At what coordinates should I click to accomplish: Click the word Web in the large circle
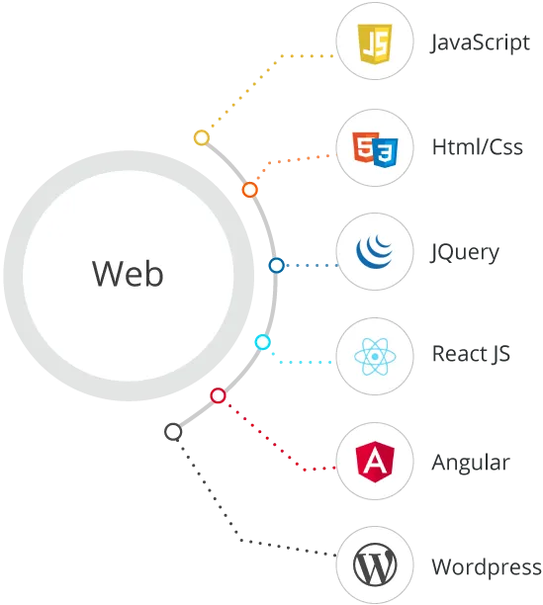tap(128, 273)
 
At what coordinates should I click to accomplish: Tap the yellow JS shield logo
tap(375, 43)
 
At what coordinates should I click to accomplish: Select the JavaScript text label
tap(480, 43)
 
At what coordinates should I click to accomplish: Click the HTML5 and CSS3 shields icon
tap(375, 149)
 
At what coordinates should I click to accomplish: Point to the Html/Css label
tap(478, 146)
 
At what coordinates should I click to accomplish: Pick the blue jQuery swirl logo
tap(374, 251)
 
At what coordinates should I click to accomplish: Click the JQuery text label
tap(465, 253)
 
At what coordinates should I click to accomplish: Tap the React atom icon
tap(375, 357)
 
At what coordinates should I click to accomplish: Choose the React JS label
tap(471, 354)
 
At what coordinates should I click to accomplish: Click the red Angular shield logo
tap(375, 462)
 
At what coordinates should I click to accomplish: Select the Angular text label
tap(471, 464)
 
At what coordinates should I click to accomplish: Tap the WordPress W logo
tap(375, 565)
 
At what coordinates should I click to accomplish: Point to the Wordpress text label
tap(487, 568)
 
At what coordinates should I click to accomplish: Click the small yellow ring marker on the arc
tap(202, 137)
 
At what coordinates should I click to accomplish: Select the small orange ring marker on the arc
tap(250, 190)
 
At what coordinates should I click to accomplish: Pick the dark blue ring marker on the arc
tap(277, 266)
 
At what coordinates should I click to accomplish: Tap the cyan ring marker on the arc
tap(263, 342)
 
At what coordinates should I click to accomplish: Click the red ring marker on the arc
tap(218, 395)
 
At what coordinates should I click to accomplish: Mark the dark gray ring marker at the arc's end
tap(173, 432)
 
